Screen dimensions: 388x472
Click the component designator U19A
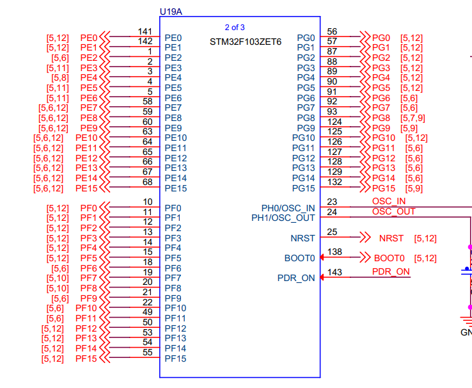point(171,12)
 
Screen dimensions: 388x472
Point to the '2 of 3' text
point(234,27)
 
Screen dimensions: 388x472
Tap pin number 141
point(145,31)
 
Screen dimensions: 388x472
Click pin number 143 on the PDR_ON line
point(334,272)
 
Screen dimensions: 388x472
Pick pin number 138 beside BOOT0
point(334,252)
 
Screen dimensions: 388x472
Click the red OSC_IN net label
point(389,201)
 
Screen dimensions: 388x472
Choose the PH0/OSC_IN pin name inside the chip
point(288,208)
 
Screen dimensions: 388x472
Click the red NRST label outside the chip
point(391,238)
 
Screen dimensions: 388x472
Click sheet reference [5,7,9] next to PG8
point(413,118)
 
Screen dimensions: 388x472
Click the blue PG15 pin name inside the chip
point(304,188)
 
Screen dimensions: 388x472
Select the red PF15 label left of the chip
point(86,359)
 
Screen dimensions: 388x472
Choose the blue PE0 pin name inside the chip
point(173,38)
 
